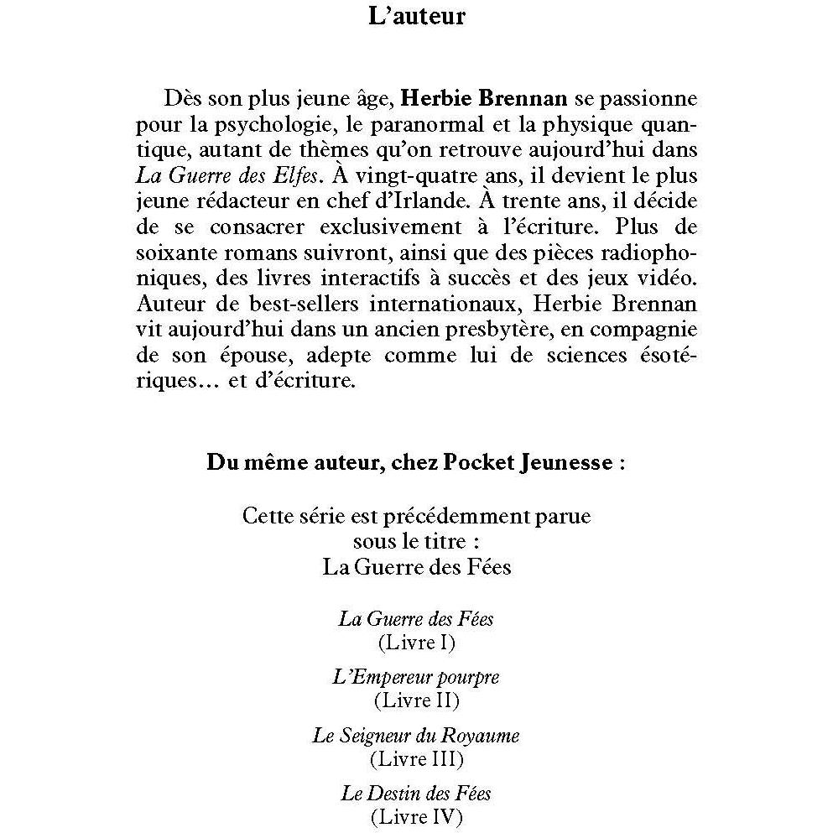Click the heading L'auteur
pyautogui.click(x=416, y=15)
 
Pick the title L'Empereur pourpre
pyautogui.click(x=416, y=677)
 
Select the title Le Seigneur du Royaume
pyautogui.click(x=416, y=736)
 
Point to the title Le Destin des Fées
pyautogui.click(x=416, y=794)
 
